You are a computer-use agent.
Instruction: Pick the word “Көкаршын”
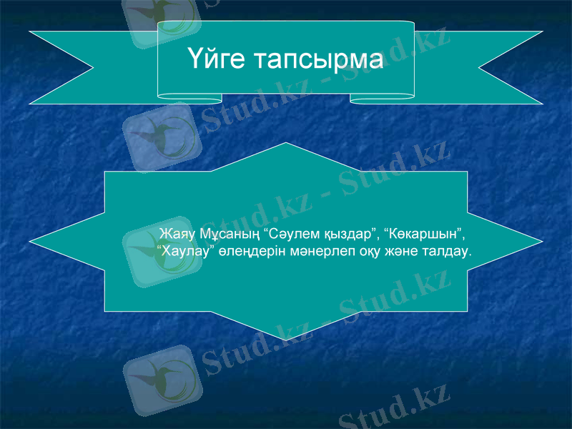tap(424, 235)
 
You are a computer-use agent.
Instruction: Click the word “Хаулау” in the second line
tap(180, 252)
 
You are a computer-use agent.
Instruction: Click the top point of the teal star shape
tap(286, 145)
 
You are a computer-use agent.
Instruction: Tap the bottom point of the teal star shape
tap(286, 338)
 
